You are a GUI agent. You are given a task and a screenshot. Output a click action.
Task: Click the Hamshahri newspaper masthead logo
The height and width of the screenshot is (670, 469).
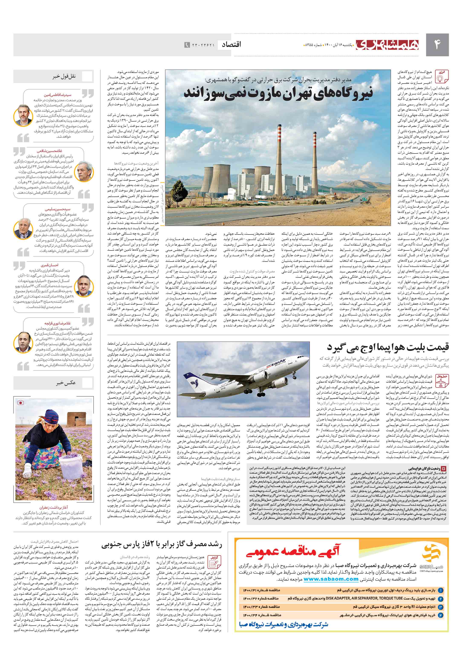pos(388,45)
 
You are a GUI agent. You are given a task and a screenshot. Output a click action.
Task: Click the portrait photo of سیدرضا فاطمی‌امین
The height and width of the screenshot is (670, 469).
pos(24,115)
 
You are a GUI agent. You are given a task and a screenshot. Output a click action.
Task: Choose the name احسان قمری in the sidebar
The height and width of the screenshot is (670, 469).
pos(50,265)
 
